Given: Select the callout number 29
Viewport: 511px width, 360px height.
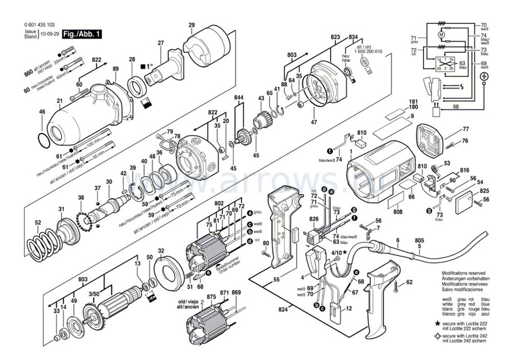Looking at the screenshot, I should click(191, 25).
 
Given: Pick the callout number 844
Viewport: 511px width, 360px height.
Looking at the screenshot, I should click(239, 98).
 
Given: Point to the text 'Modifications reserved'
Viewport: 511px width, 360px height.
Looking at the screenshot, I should click(465, 274).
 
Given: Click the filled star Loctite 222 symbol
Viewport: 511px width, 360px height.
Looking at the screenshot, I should click(439, 323).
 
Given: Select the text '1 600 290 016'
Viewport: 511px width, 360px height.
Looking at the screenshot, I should click(371, 51).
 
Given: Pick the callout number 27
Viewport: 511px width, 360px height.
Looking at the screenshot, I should click(161, 43).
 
